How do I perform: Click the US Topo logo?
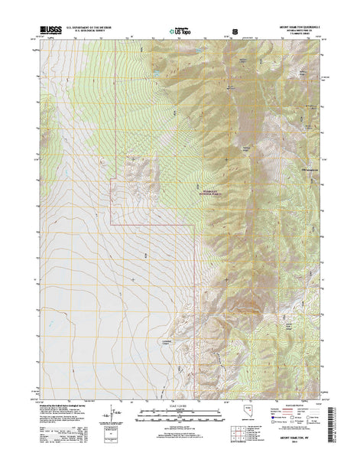click(x=180, y=31)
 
